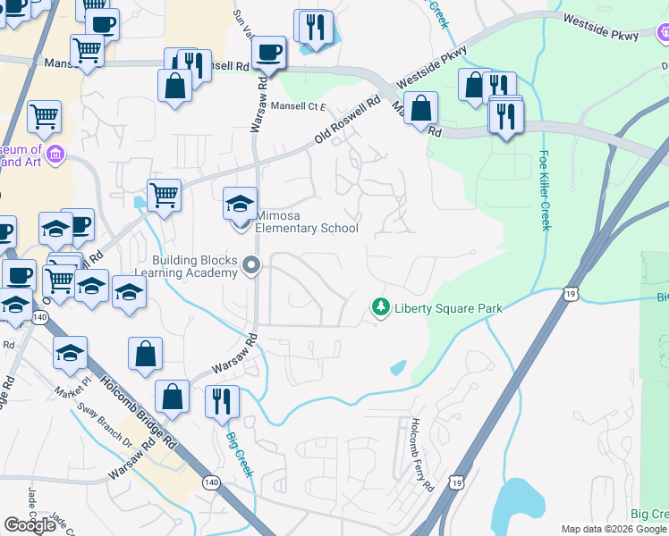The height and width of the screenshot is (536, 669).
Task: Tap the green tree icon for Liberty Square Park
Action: click(x=381, y=308)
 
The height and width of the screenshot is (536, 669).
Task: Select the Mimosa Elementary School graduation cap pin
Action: click(x=240, y=204)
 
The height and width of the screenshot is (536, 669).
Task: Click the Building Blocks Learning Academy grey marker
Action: click(x=251, y=264)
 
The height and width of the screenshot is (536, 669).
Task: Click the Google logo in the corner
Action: click(x=30, y=525)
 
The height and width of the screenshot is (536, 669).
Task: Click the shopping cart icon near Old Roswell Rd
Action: click(x=164, y=194)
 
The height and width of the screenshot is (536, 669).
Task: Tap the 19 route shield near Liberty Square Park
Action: click(x=570, y=292)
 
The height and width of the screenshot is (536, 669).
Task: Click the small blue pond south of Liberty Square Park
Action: click(x=398, y=367)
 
